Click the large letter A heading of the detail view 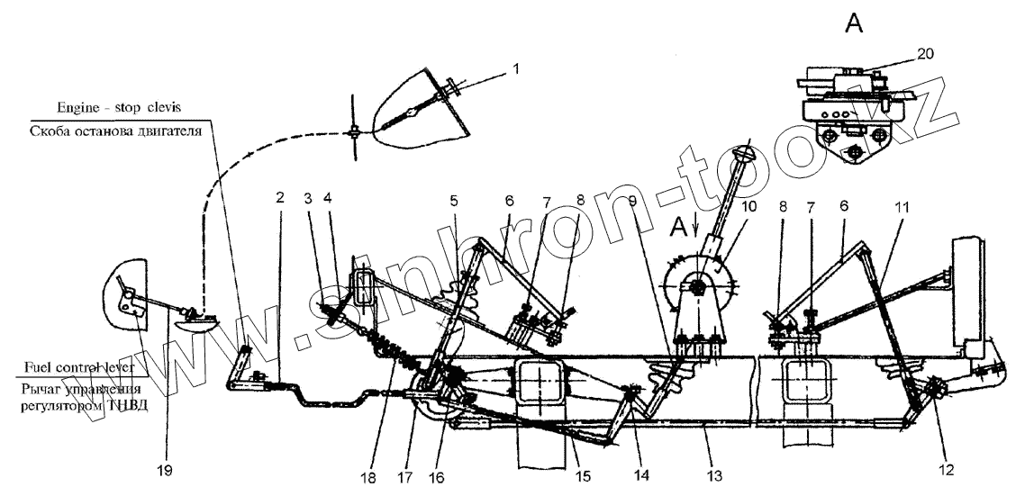(x=853, y=25)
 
